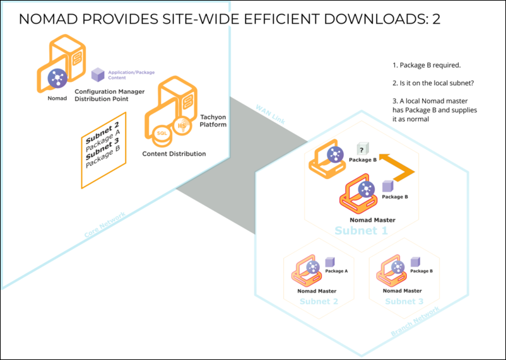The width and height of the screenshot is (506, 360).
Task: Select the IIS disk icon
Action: coord(183,127)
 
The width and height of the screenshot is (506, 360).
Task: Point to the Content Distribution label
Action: coord(174,154)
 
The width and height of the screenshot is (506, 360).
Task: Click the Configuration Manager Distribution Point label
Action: coord(110,95)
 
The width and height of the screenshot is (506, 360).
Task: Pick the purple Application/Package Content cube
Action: coord(98,75)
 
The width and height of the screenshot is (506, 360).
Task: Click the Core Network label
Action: coord(104,226)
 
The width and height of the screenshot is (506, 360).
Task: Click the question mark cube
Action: coord(362,149)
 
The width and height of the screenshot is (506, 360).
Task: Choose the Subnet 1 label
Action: coord(362,231)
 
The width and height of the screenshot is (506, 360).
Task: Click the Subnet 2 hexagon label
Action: coord(319,301)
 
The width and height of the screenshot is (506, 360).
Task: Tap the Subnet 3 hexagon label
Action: coord(404,301)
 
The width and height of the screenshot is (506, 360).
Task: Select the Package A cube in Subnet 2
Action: coord(329,262)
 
